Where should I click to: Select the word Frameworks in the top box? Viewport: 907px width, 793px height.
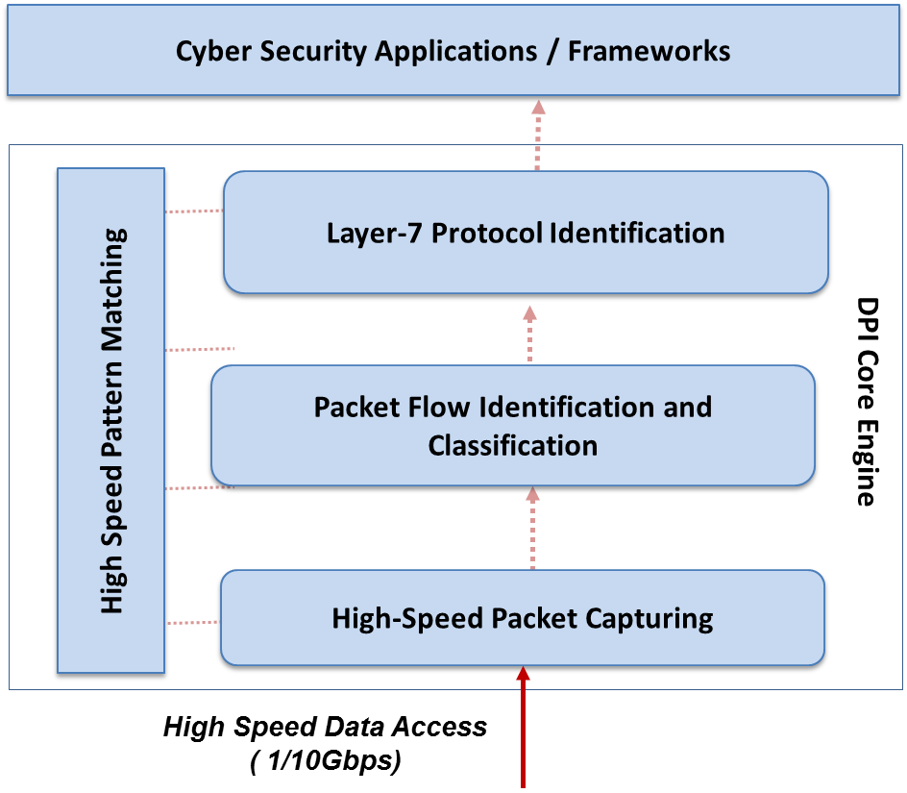[x=649, y=51]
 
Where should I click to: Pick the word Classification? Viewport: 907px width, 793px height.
[x=512, y=446]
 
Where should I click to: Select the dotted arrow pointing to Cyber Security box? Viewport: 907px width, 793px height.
[x=538, y=135]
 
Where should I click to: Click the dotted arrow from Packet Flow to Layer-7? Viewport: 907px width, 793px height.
[x=529, y=333]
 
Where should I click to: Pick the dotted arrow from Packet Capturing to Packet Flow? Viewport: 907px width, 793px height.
[x=533, y=528]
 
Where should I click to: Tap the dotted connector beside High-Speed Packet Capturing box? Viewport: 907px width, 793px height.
[x=193, y=623]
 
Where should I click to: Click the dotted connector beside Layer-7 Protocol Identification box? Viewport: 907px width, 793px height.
[x=194, y=211]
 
